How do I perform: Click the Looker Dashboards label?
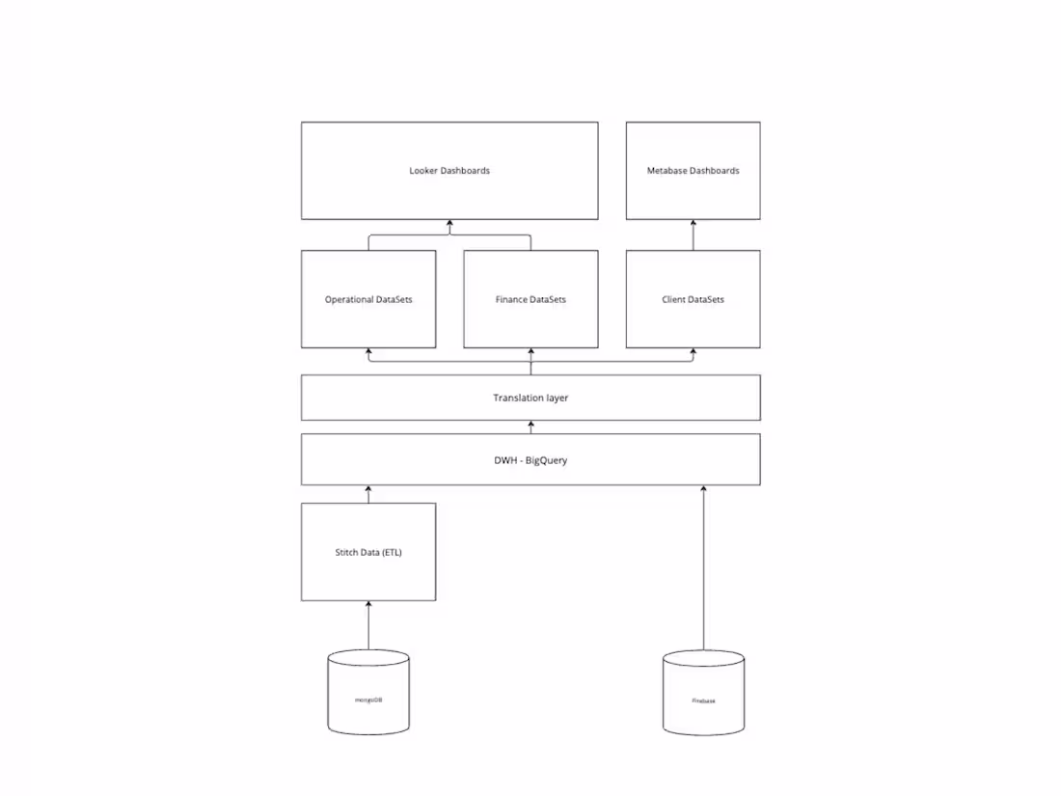[449, 171]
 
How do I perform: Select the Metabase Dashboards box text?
[693, 171]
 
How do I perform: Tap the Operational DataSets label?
[368, 300]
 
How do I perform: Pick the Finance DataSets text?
[530, 300]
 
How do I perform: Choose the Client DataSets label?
[693, 300]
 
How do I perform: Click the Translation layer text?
[530, 398]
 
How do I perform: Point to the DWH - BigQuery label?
[530, 460]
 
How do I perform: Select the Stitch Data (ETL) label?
[368, 553]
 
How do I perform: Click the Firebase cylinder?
[704, 693]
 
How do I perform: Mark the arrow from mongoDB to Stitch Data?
[368, 625]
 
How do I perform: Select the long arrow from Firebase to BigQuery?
[704, 569]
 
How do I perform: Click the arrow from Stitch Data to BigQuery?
[368, 495]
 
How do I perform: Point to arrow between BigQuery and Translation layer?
[530, 427]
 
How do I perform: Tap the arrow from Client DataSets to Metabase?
[693, 235]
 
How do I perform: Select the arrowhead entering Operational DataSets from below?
[368, 352]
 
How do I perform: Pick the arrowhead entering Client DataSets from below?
[693, 352]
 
